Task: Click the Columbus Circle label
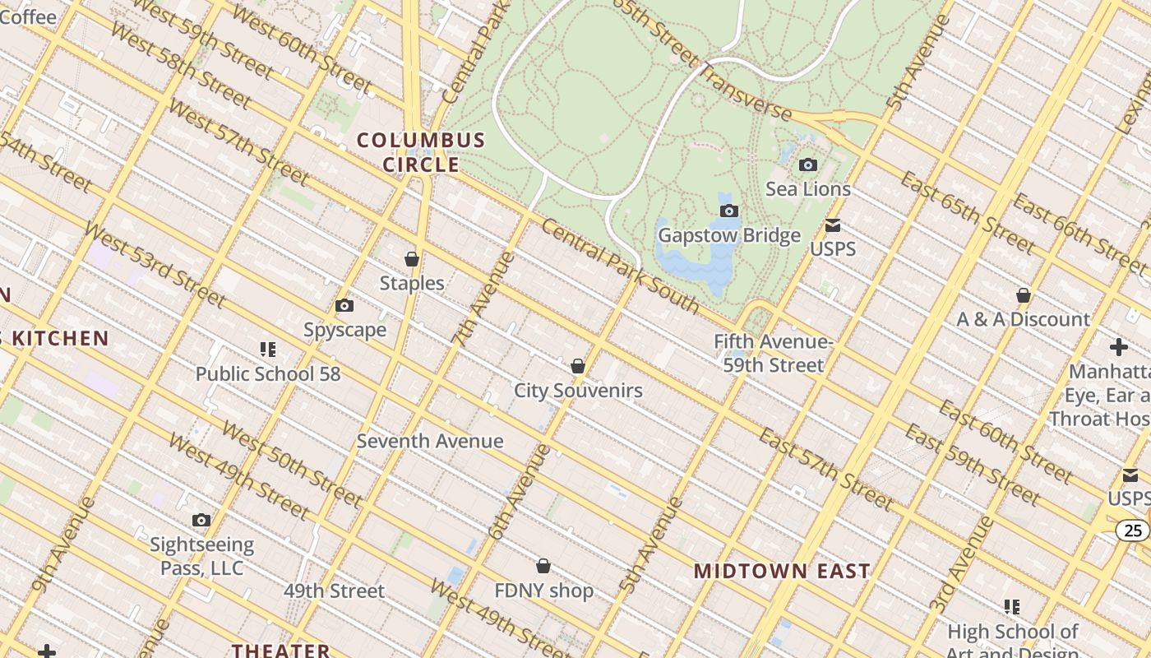point(421,152)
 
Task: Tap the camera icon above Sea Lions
point(808,165)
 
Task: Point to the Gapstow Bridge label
point(728,236)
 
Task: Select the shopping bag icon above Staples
point(412,260)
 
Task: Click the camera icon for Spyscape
point(344,307)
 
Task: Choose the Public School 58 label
point(267,374)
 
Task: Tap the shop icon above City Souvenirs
point(578,367)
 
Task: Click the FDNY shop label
point(543,591)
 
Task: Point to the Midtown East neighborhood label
point(782,571)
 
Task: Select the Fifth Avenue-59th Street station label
point(773,353)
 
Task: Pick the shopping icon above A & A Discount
point(1024,295)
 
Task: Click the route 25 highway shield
point(1133,531)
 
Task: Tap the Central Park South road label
point(621,268)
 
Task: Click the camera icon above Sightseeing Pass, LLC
point(201,521)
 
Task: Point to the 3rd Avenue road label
point(961,564)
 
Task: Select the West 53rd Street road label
point(154,265)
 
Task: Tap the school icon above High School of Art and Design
point(1012,607)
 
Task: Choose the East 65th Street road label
point(967,212)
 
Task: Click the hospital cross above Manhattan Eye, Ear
point(1118,347)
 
